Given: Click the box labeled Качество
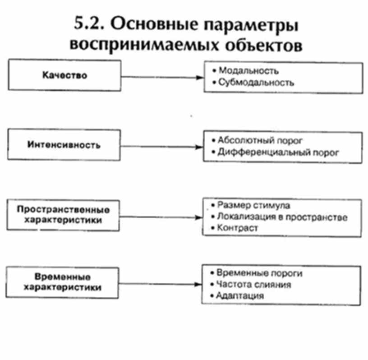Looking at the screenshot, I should tap(64, 75).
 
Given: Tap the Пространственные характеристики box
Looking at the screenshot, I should tap(64, 215).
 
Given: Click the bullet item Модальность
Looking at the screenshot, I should tap(248, 71).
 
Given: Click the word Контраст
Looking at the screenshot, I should tap(237, 228).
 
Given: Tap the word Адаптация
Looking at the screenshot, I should tap(239, 296).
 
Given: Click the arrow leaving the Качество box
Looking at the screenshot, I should tap(162, 77).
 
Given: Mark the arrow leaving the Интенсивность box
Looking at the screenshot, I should tap(162, 147).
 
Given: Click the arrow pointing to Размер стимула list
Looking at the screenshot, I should tap(162, 217).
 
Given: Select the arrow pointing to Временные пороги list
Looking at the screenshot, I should tap(162, 284).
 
